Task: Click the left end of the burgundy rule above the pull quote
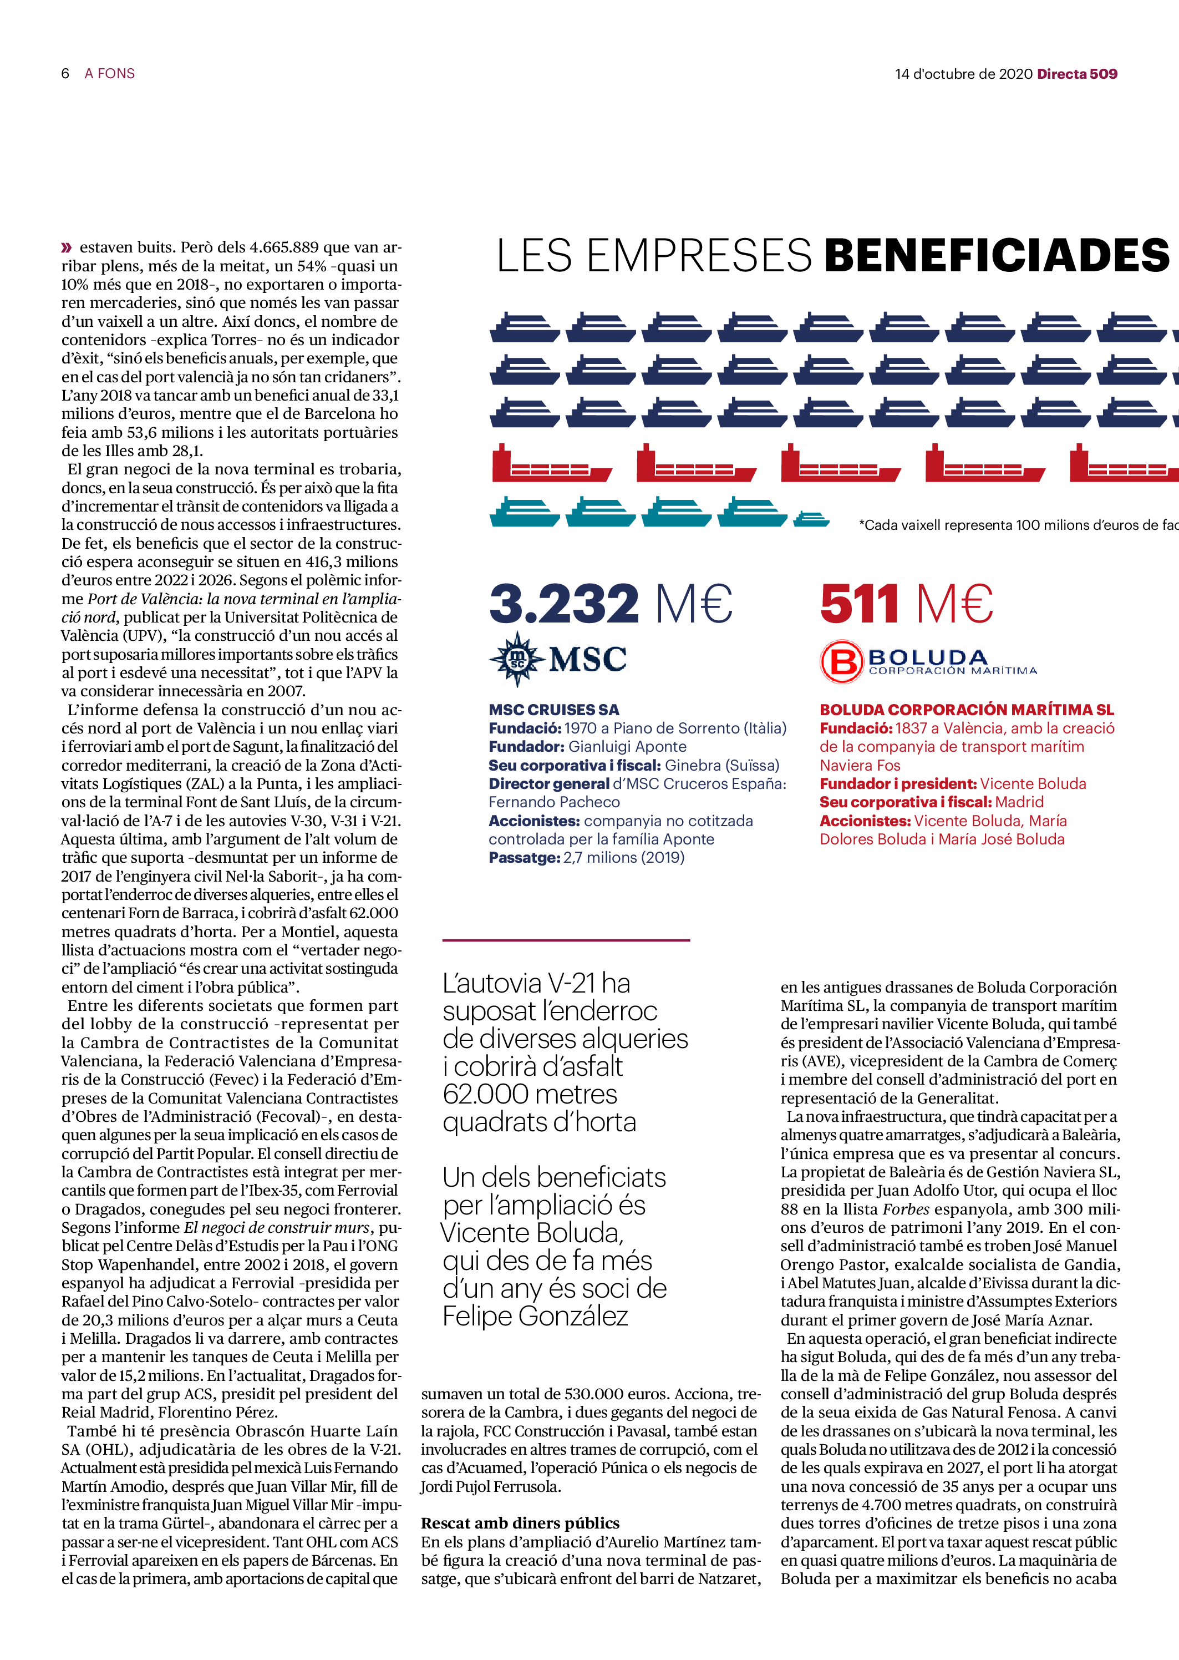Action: point(443,940)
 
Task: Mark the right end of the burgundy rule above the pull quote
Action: point(690,940)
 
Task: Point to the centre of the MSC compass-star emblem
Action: point(516,659)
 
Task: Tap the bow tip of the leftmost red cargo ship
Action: point(612,470)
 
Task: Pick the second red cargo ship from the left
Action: point(696,463)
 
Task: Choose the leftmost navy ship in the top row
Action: point(525,327)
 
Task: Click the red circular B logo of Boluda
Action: point(842,661)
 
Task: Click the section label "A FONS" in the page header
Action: point(110,73)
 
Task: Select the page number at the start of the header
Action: point(65,73)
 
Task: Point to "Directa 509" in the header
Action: point(1078,73)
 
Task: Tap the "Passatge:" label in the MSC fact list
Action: point(524,858)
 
